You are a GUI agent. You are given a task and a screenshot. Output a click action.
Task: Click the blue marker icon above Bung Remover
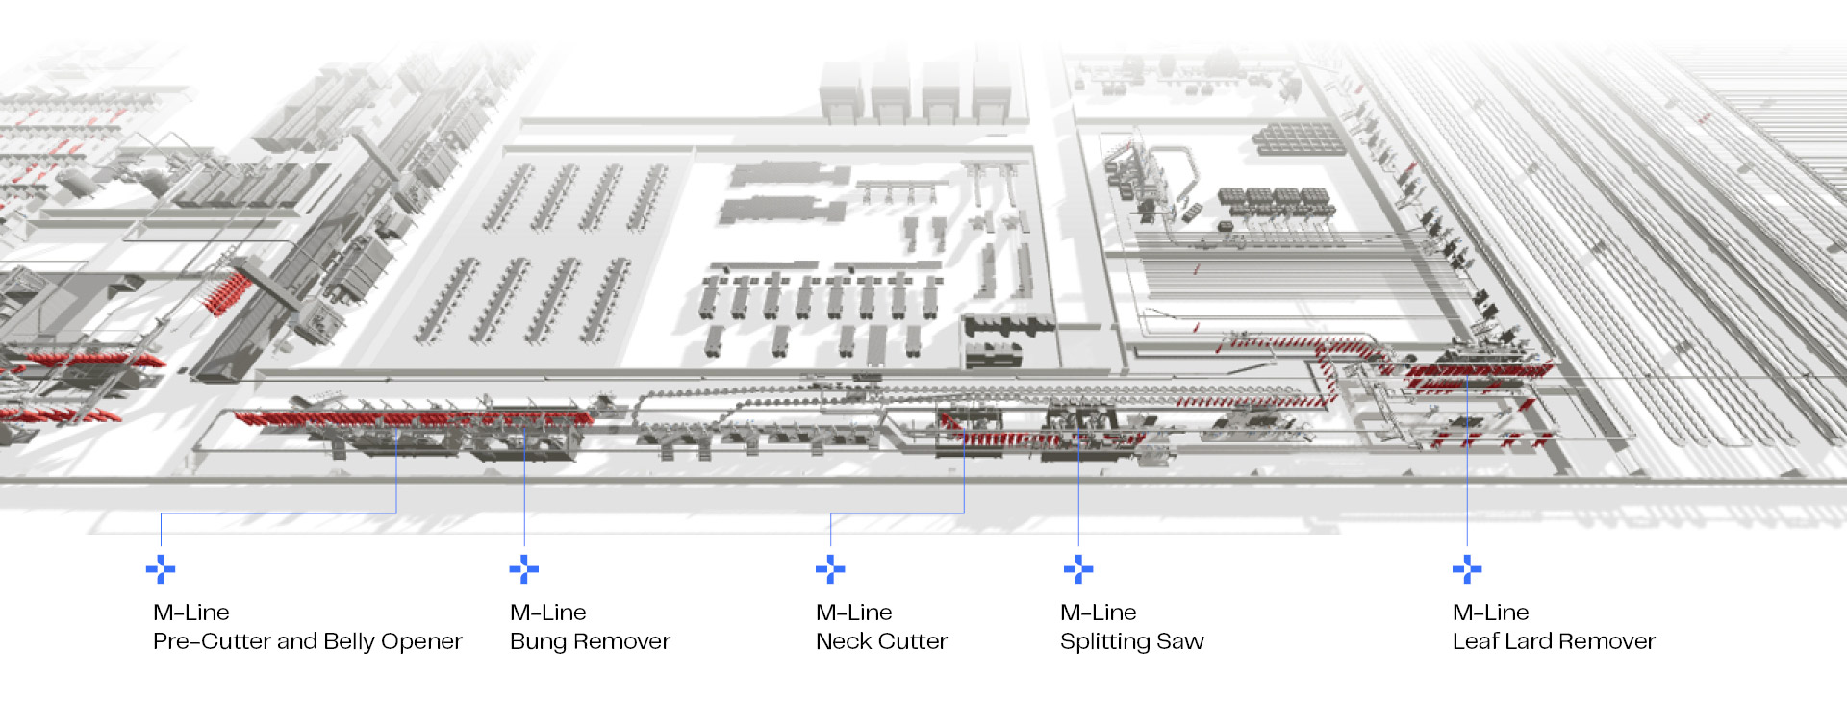coord(523,569)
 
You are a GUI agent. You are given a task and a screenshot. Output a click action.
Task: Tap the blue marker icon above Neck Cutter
coord(829,569)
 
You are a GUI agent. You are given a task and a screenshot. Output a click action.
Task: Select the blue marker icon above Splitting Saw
coord(1077,569)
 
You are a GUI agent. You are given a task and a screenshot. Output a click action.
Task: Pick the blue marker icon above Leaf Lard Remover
coord(1466,569)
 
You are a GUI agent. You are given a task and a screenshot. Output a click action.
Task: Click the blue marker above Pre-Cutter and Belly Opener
coord(161,569)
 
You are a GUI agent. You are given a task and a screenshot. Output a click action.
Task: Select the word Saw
coord(1181,641)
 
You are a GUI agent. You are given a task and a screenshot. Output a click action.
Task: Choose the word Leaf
coord(1475,641)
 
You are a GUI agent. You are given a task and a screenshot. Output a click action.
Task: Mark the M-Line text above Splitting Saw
coord(1098,613)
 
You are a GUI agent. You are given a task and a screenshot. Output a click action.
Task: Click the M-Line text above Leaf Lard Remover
coord(1490,613)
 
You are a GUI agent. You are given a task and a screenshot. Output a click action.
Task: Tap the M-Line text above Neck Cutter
coord(853,613)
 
